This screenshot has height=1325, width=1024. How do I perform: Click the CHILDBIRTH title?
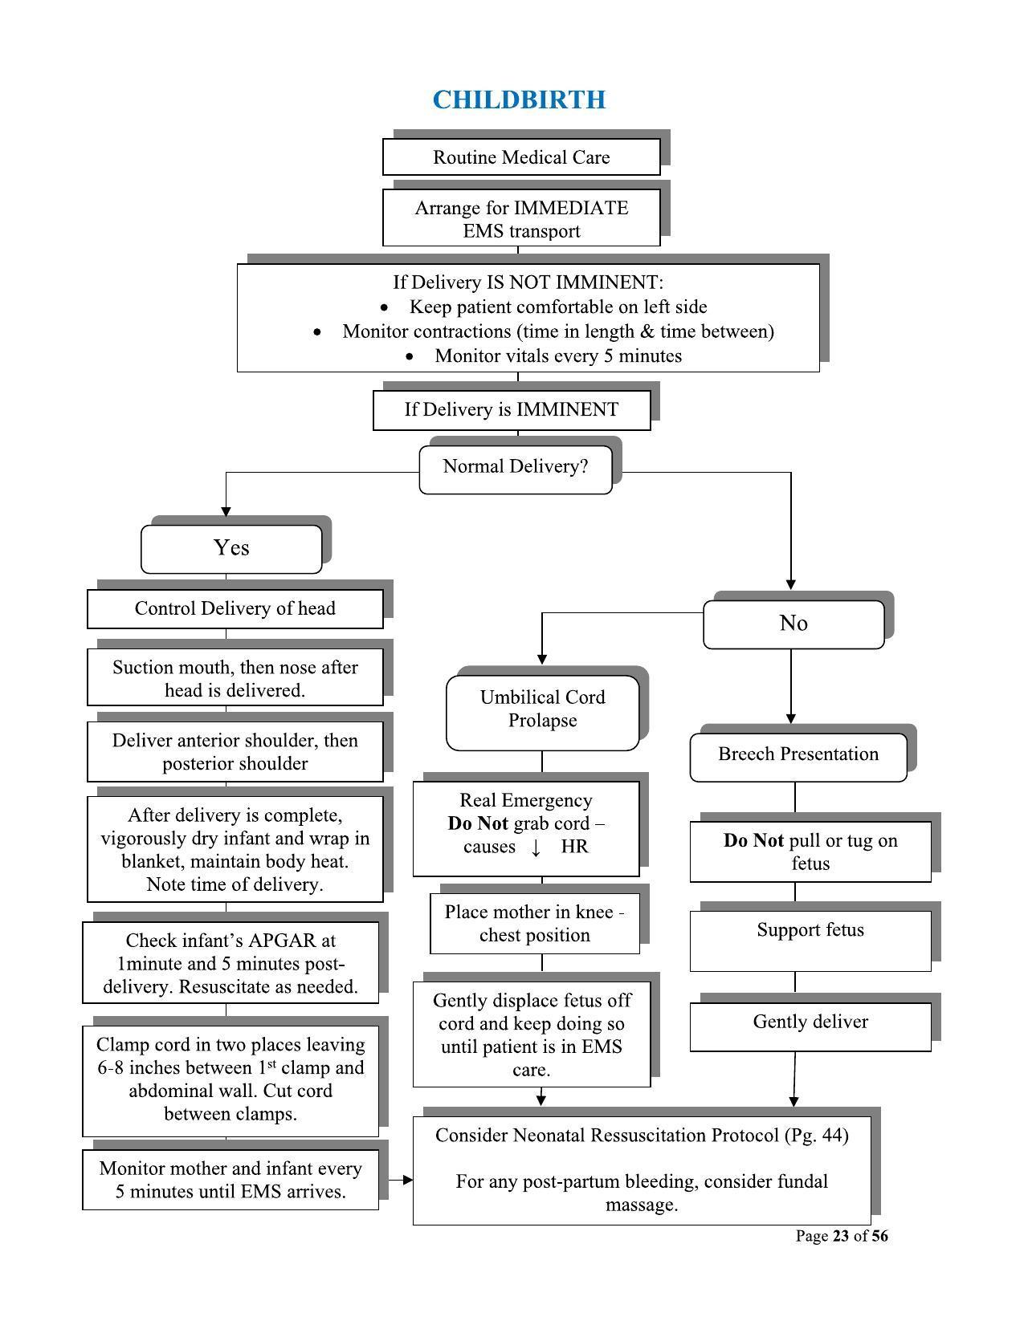point(519,100)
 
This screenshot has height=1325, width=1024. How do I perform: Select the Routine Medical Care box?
point(521,157)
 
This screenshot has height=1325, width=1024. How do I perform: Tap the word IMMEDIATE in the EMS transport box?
point(571,208)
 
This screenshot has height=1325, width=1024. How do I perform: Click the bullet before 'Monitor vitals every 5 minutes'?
point(411,356)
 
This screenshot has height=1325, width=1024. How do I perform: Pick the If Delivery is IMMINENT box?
point(512,410)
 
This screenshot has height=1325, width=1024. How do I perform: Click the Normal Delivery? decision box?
point(516,467)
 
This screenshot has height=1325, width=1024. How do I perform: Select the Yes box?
point(231,548)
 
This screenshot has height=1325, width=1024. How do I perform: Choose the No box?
point(793,624)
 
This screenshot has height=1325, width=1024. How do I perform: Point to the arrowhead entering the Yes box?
point(226,511)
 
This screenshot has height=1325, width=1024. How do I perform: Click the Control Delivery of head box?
point(235,608)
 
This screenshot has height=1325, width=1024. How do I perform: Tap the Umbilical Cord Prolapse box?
point(543,709)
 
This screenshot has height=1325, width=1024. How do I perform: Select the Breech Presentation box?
point(798,754)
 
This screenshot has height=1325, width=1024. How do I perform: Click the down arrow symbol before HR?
point(536,847)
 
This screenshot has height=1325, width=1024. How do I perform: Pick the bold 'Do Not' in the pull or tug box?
point(753,841)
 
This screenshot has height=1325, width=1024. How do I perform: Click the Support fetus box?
point(810,931)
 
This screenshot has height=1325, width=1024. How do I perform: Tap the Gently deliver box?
point(810,1022)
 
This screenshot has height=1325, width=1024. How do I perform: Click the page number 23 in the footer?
point(841,1236)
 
